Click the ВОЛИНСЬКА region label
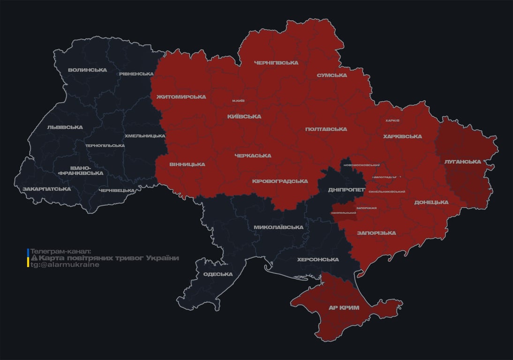pyautogui.click(x=87, y=70)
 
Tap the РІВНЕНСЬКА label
pyautogui.click(x=136, y=74)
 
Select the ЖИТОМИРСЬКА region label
pyautogui.click(x=181, y=97)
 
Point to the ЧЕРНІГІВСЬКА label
pyautogui.click(x=276, y=63)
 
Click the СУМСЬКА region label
pyautogui.click(x=332, y=75)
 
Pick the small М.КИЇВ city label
pyautogui.click(x=238, y=101)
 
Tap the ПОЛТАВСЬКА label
pyautogui.click(x=326, y=129)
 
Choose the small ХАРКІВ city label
pyautogui.click(x=392, y=120)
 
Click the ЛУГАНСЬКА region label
pyautogui.click(x=462, y=162)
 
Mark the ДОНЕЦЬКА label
pyautogui.click(x=431, y=202)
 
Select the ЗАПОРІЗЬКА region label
pyautogui.click(x=376, y=233)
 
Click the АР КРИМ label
pyautogui.click(x=344, y=307)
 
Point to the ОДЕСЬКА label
pyautogui.click(x=218, y=274)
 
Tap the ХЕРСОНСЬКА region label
pyautogui.click(x=318, y=260)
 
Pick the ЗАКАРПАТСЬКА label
pyautogui.click(x=47, y=189)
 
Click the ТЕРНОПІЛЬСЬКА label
pyautogui.click(x=105, y=146)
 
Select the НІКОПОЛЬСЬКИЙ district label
pyautogui.click(x=344, y=213)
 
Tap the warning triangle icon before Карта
pyautogui.click(x=34, y=258)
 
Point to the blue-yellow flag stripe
pyautogui.click(x=28, y=258)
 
